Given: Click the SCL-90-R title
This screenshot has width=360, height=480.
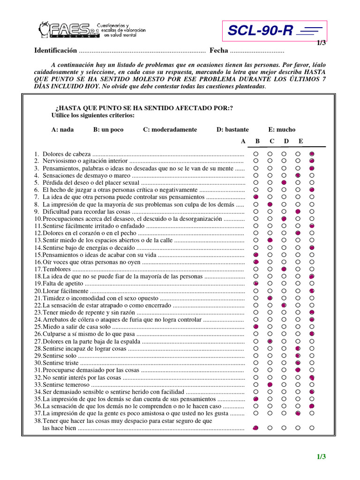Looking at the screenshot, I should pyautogui.click(x=260, y=31).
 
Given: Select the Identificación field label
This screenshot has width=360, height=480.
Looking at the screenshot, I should pyautogui.click(x=55, y=51).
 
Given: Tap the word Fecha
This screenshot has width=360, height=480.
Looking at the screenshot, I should pyautogui.click(x=219, y=51).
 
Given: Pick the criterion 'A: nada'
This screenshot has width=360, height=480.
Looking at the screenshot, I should pyautogui.click(x=62, y=130).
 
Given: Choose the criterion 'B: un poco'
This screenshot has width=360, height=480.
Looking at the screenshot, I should pyautogui.click(x=108, y=130).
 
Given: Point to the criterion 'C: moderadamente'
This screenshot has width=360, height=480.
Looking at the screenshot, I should pyautogui.click(x=170, y=130).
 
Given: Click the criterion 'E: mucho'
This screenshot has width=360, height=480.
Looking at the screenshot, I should pyautogui.click(x=282, y=130).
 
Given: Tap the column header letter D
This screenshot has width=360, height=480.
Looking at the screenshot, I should pyautogui.click(x=286, y=141).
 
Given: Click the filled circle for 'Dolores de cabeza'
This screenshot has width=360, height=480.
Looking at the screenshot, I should pyautogui.click(x=312, y=154).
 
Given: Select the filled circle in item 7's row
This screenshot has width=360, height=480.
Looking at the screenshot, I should pyautogui.click(x=256, y=197).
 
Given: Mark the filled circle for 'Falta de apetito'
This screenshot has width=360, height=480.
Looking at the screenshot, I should pyautogui.click(x=256, y=284).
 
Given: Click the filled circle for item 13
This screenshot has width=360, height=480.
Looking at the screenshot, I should pyautogui.click(x=270, y=240).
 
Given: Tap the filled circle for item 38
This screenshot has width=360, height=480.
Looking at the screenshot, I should pyautogui.click(x=256, y=428).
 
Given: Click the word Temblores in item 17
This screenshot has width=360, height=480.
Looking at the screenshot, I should pyautogui.click(x=56, y=270).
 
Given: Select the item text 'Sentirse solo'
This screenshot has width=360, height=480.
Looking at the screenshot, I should pyautogui.click(x=60, y=356).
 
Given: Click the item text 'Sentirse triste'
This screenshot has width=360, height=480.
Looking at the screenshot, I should pyautogui.click(x=61, y=363).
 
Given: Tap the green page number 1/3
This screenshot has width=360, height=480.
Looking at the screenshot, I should pyautogui.click(x=321, y=457).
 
